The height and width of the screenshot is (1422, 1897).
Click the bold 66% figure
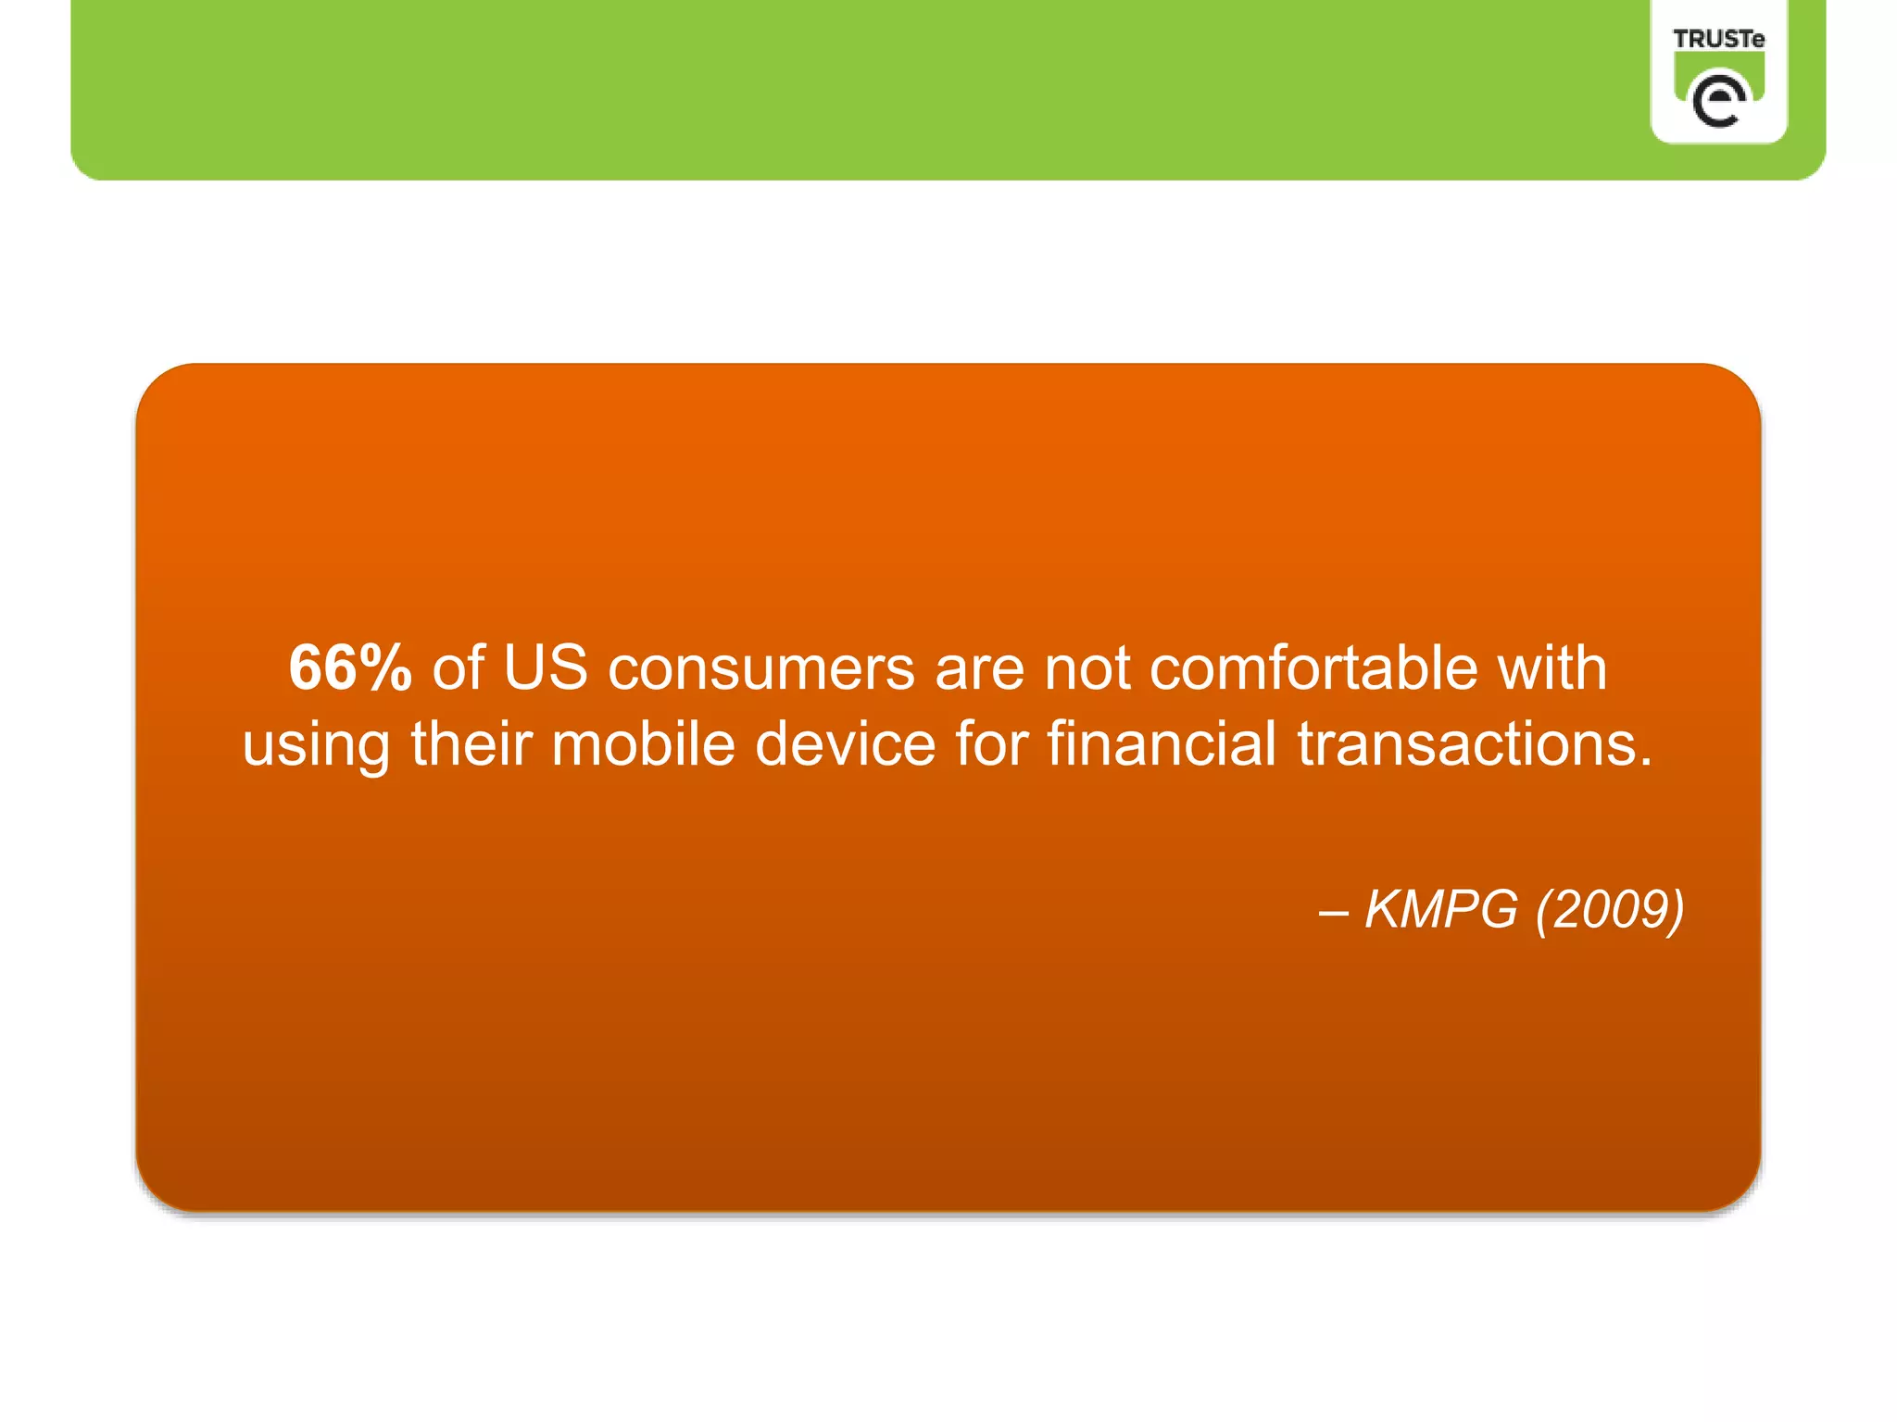pyautogui.click(x=350, y=667)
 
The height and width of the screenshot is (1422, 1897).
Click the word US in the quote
pyautogui.click(x=545, y=667)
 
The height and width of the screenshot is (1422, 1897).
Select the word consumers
pyautogui.click(x=761, y=669)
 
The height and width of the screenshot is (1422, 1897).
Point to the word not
pyautogui.click(x=1087, y=669)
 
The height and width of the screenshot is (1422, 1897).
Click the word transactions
pyautogui.click(x=1474, y=745)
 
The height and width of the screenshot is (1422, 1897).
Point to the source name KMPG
pyautogui.click(x=1441, y=909)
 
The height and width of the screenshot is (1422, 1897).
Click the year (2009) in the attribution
pyautogui.click(x=1610, y=910)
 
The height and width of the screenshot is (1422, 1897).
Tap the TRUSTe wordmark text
pyautogui.click(x=1718, y=39)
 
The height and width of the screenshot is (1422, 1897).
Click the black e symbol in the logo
pyautogui.click(x=1718, y=100)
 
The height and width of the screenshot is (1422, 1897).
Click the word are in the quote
pyautogui.click(x=979, y=669)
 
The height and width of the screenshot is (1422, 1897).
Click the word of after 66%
pyautogui.click(x=458, y=667)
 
